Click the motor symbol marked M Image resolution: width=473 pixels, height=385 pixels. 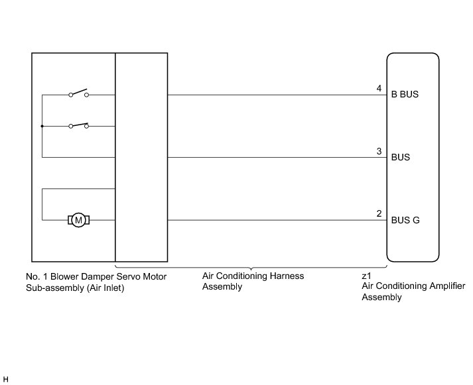79,220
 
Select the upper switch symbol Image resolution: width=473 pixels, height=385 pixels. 79,93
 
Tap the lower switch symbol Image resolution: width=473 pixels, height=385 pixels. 79,125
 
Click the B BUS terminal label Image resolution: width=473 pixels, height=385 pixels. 405,95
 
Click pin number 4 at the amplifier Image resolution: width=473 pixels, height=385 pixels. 379,88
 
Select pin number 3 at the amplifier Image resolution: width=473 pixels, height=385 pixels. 379,151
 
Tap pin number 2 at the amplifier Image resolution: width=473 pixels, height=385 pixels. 379,214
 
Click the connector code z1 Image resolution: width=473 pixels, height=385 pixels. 366,276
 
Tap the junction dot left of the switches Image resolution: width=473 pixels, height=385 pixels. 42,126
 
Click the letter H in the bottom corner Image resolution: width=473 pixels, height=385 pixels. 6,378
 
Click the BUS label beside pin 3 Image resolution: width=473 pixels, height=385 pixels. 401,158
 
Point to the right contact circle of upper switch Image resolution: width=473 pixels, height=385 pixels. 87,95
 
